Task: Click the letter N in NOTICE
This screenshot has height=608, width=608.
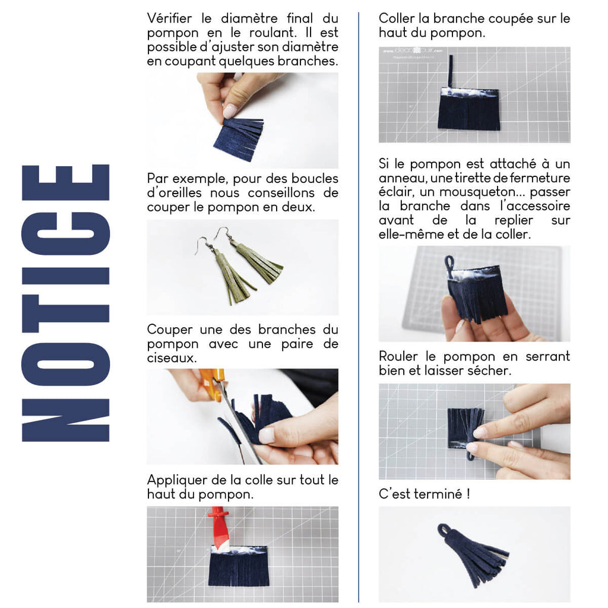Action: point(65,420)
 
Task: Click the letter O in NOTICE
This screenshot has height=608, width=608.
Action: point(65,365)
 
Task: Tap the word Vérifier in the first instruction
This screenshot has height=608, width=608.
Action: point(169,18)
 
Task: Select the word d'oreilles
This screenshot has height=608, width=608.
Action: point(174,193)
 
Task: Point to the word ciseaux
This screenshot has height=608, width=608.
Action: point(172,358)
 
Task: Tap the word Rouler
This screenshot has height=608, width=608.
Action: point(398,356)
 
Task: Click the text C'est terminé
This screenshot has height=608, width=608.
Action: point(424,494)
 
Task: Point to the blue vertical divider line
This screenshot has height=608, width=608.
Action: point(359,306)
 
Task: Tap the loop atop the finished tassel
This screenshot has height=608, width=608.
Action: point(444,529)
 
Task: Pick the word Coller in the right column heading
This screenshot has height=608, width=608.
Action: point(396,18)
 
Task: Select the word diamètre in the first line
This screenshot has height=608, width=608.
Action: point(249,18)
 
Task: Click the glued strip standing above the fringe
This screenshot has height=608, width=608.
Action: point(451,71)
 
